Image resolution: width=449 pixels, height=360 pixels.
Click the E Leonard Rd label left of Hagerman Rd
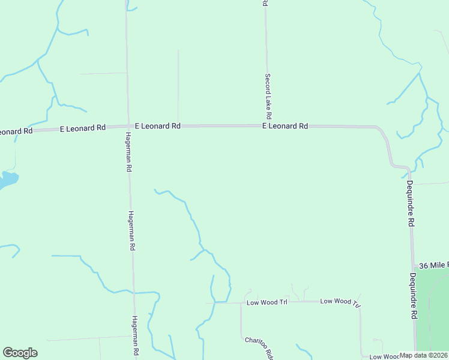83,128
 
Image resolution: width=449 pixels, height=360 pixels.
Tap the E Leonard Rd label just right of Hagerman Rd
158,126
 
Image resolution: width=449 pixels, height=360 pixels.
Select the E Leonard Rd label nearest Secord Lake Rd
285,126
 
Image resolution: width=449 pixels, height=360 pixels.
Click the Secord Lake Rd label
268,96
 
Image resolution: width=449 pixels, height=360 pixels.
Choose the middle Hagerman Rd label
131,231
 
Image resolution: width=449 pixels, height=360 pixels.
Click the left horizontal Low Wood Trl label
267,302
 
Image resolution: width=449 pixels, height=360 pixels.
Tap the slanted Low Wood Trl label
340,302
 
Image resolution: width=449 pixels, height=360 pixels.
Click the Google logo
20,353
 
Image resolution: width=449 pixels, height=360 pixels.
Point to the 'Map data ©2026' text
424,355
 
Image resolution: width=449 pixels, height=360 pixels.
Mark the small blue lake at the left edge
7,179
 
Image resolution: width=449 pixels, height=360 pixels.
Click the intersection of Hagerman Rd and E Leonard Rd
127,127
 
